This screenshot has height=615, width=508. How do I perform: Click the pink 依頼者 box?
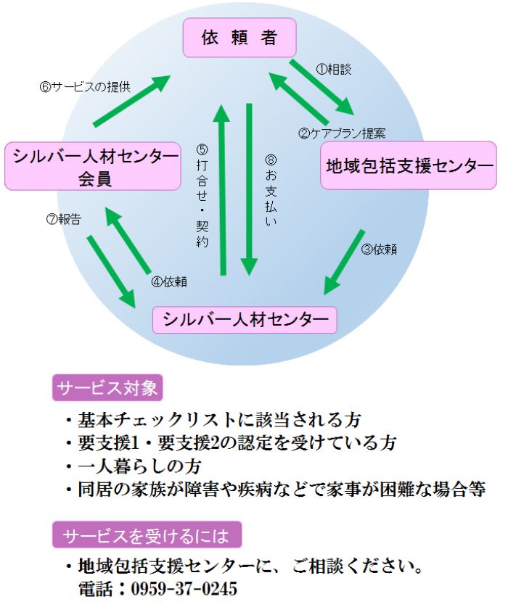239,38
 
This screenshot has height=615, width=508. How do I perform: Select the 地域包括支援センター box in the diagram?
409,165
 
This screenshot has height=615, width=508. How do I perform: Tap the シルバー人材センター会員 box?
93,167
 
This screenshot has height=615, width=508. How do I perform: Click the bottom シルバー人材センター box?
245,320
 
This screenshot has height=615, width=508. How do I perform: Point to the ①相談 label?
333,70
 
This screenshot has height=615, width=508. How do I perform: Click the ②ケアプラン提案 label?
342,133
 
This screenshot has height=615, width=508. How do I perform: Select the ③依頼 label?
379,249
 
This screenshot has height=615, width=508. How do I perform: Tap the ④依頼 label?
169,281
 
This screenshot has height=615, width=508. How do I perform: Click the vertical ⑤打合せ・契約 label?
202,196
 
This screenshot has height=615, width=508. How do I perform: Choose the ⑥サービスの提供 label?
85,87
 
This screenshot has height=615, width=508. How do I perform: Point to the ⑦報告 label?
64,219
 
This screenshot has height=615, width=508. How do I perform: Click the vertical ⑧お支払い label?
271,191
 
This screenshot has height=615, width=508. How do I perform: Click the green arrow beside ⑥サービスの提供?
132,101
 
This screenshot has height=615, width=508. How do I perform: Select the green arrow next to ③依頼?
344,262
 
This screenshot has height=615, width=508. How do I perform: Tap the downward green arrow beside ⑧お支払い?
249,189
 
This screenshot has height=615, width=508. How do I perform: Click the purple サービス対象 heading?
107,388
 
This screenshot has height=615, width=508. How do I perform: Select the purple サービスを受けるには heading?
147,534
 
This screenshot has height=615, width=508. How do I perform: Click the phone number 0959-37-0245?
184,589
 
